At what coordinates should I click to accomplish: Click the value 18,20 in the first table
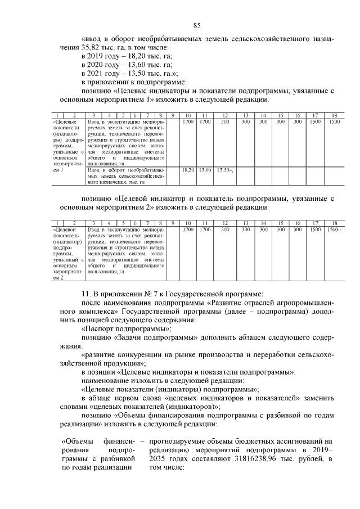[x=188, y=169]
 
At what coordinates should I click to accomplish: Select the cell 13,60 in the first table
[x=205, y=169]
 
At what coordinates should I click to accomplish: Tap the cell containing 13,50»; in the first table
[x=225, y=169]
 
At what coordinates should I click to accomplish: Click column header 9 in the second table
[x=173, y=223]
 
